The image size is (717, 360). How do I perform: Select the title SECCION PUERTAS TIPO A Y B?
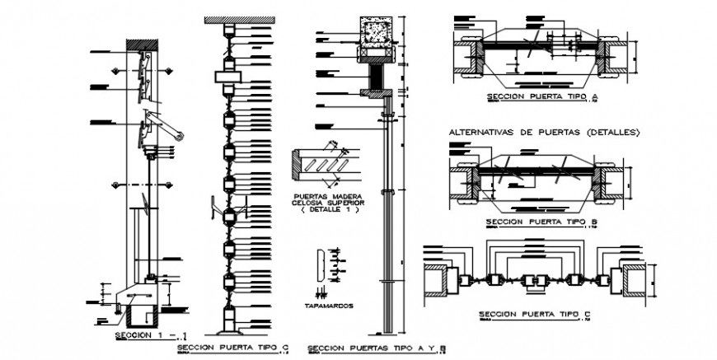(x=376, y=348)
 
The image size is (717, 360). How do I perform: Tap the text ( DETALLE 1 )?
(x=328, y=209)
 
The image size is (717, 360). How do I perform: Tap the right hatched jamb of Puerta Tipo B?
(x=611, y=182)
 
